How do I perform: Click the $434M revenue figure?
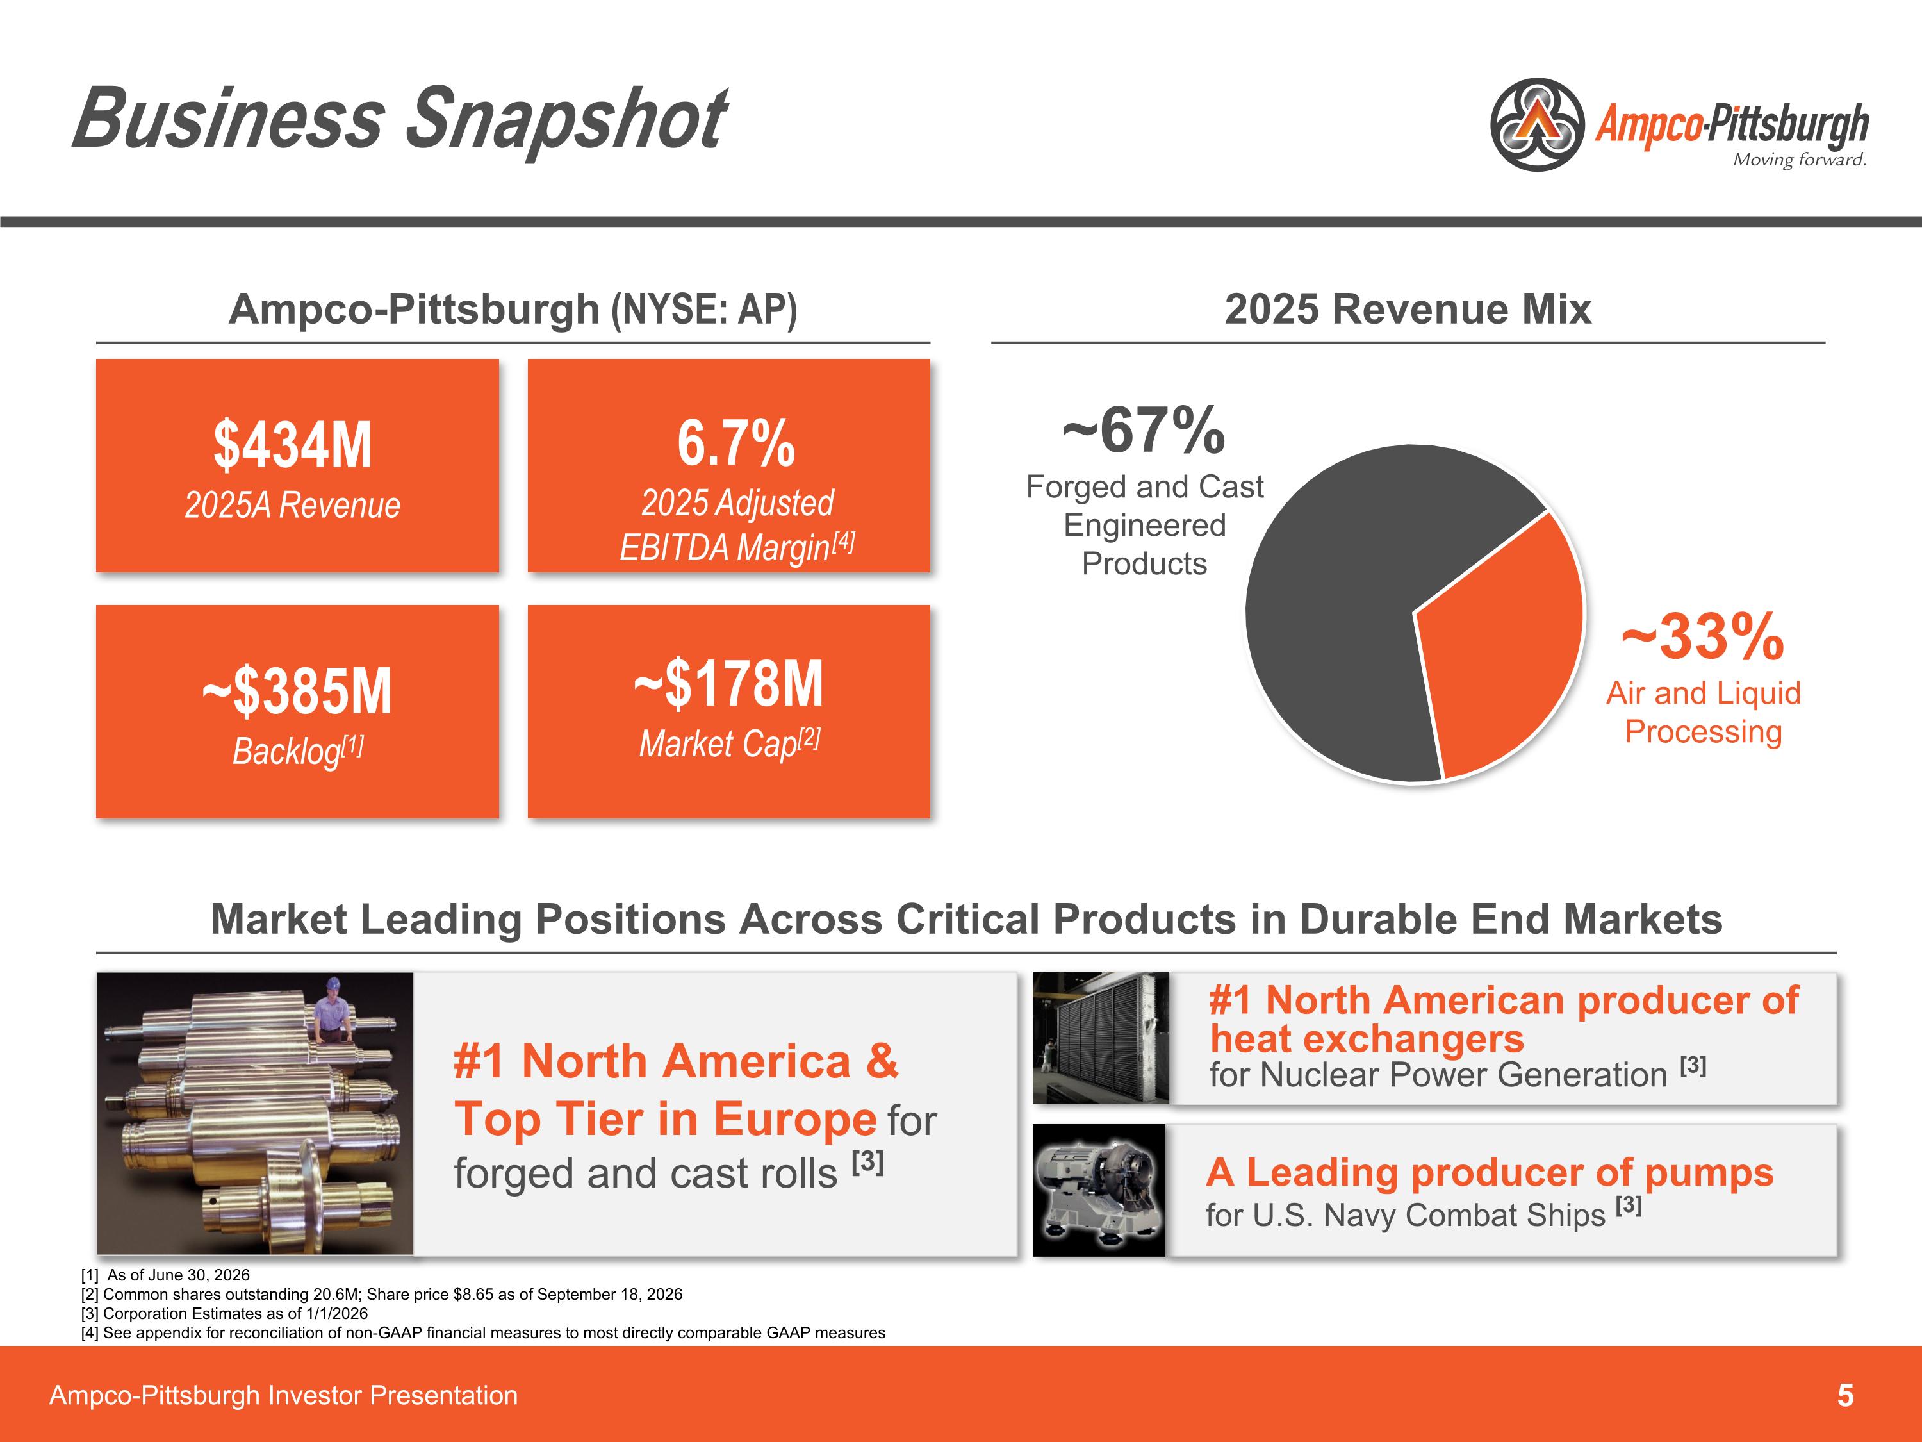tap(293, 444)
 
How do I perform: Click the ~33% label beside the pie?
tap(1703, 636)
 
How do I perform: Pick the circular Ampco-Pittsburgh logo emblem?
tap(1537, 124)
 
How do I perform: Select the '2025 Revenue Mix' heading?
tap(1408, 310)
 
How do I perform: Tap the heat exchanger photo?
tap(1101, 1038)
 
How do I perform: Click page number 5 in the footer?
tap(1846, 1396)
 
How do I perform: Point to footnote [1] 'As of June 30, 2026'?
tap(165, 1275)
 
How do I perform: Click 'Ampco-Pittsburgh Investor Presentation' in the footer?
tap(283, 1396)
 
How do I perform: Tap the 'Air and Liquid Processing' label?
tap(1703, 712)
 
